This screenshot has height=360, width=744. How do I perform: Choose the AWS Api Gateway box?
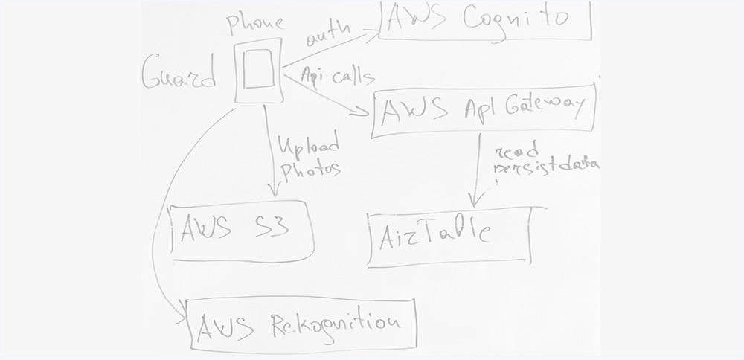(x=484, y=113)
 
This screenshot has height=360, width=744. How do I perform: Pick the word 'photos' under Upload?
(x=309, y=169)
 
